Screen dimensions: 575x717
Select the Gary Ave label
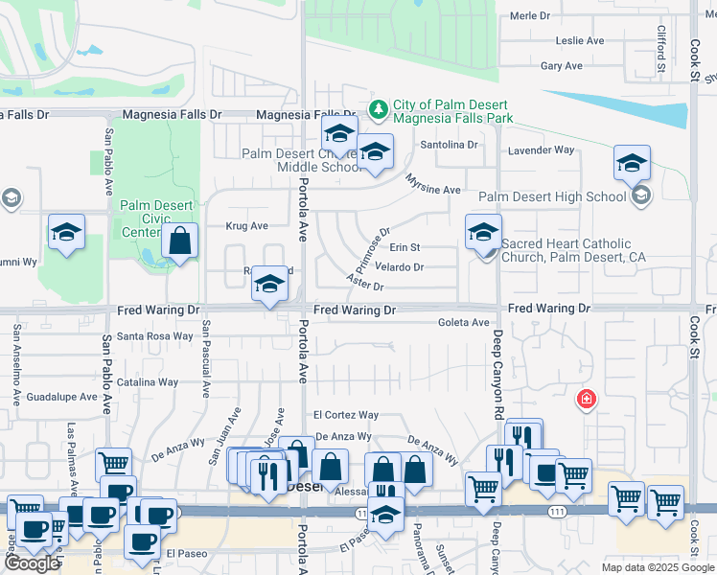[562, 66]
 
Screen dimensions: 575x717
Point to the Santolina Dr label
[450, 145]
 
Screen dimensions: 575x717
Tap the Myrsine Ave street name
[433, 184]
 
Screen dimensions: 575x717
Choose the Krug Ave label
[246, 226]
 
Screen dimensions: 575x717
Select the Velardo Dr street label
[399, 267]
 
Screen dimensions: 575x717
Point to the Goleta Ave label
[464, 323]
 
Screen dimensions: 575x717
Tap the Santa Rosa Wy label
[154, 336]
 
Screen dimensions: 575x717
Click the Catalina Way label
[148, 381]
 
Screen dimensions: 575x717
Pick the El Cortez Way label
[345, 415]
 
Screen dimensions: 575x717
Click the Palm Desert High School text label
[551, 197]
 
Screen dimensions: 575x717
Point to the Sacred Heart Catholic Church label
[567, 251]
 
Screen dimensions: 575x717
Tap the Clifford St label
[660, 50]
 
